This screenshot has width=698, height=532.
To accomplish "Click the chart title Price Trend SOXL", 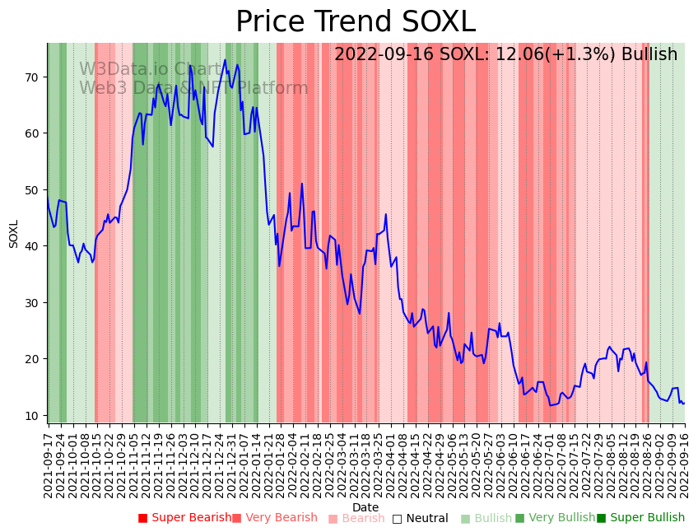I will pos(356,22).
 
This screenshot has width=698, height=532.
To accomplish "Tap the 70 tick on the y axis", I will pos(33,77).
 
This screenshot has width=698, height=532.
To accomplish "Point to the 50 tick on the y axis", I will pos(33,190).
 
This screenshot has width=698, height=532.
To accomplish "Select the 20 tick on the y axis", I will pos(33,359).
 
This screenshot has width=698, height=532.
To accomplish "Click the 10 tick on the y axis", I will pos(33,415).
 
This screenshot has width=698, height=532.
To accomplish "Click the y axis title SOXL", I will pos(14,233).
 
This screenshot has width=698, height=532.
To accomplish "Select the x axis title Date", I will pos(365,508).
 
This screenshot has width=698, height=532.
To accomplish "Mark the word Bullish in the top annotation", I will pos(649,55).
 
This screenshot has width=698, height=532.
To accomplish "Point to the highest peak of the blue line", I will pos(225,59).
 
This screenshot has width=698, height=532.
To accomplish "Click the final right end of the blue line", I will pos(684,404).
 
